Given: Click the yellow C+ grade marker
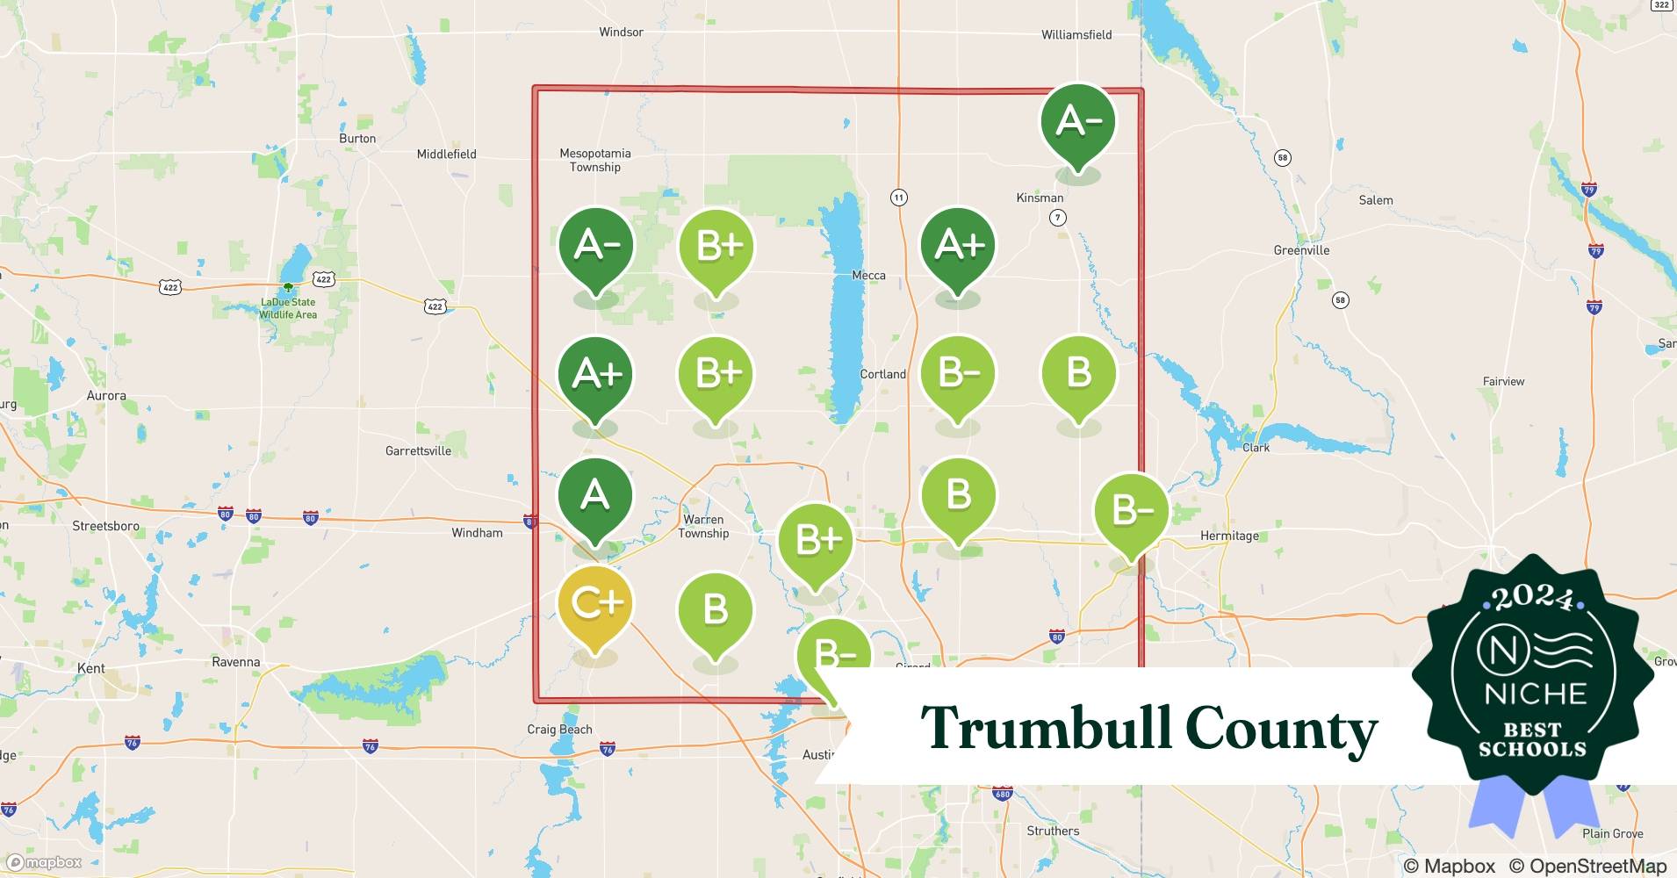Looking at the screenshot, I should [x=595, y=604].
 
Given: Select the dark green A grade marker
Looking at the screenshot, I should [x=595, y=496].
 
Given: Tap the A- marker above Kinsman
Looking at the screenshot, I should [x=1077, y=121].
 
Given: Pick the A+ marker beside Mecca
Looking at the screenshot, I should [x=958, y=246].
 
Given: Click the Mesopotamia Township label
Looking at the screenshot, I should [x=595, y=160].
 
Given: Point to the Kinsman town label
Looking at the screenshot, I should [x=1040, y=198].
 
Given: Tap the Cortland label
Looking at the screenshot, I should [x=882, y=374].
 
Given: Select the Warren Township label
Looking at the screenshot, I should [x=703, y=526].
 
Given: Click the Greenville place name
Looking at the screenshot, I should [x=1301, y=250].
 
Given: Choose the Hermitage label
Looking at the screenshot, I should [x=1229, y=536].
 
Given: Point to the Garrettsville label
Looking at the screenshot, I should [x=418, y=450].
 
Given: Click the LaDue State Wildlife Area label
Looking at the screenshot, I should [x=288, y=308].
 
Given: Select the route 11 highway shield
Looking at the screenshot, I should [x=898, y=198].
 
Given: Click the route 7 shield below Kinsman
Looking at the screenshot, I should [x=1058, y=217].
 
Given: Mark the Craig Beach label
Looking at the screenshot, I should [x=559, y=730].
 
